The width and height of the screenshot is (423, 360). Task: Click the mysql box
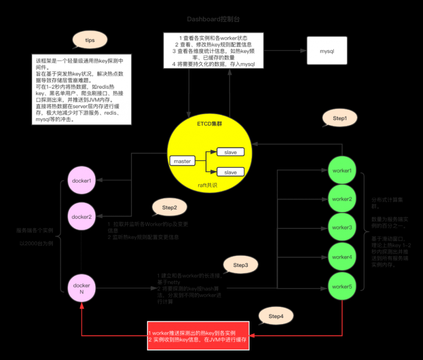pos(327,50)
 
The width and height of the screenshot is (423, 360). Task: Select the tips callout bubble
pos(90,40)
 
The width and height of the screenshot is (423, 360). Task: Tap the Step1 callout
pos(339,118)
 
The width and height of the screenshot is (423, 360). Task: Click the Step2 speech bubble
pos(169,207)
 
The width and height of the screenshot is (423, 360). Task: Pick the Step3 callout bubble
pos(241,265)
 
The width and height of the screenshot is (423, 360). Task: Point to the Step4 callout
pos(275,316)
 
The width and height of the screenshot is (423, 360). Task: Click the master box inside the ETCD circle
pos(182,161)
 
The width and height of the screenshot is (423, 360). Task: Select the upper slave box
pos(231,152)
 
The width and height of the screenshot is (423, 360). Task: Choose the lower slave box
pos(231,172)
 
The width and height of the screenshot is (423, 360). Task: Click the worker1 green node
pos(342,171)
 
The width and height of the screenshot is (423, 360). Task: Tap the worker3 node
pos(342,227)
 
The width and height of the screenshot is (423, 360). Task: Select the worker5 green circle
pos(342,286)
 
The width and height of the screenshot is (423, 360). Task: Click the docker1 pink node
pos(82,180)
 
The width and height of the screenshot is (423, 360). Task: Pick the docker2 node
pos(82,217)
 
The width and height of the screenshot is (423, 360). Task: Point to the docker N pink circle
pos(82,289)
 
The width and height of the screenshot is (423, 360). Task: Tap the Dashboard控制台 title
pos(215,19)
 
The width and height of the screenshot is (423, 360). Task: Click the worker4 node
pos(342,257)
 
